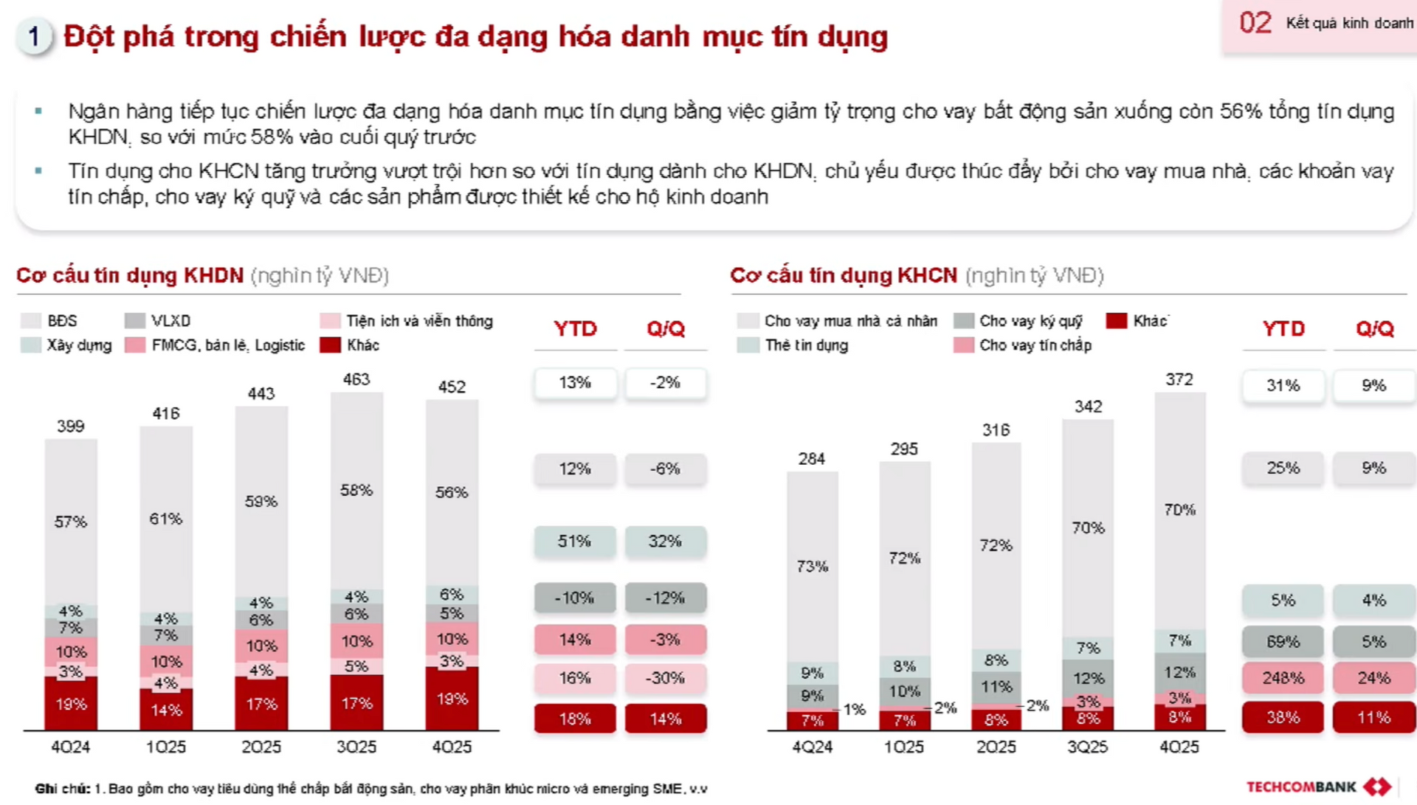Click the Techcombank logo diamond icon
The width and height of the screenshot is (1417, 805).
click(1377, 787)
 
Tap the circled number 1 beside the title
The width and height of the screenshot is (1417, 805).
click(34, 36)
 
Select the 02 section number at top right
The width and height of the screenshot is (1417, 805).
click(1255, 23)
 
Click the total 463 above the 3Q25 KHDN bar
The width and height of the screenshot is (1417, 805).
click(356, 379)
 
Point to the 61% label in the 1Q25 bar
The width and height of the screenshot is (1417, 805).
click(165, 519)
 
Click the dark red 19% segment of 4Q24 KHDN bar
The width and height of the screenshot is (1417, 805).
click(71, 704)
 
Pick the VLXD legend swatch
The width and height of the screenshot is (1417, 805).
click(135, 321)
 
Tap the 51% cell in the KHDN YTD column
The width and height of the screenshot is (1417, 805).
click(574, 542)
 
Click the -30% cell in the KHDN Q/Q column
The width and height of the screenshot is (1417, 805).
click(665, 677)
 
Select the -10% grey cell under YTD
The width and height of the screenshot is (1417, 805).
click(574, 598)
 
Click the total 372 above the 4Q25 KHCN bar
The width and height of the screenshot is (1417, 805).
click(1179, 379)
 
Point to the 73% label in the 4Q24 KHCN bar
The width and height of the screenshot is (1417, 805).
click(812, 566)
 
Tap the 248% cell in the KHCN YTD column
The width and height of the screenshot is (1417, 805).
click(1283, 677)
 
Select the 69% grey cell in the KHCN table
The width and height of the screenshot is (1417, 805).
click(1283, 641)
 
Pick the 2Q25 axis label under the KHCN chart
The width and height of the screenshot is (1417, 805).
click(996, 747)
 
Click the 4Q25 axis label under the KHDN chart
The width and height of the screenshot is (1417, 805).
click(452, 747)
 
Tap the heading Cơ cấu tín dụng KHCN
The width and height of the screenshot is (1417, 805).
click(843, 275)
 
